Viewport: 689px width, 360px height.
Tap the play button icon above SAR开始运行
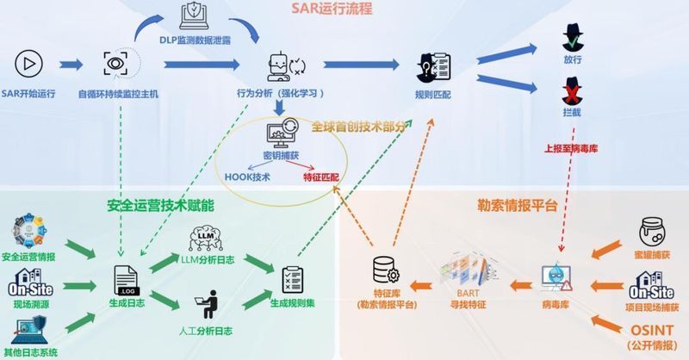[x=28, y=63]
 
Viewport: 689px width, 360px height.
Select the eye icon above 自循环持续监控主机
[x=114, y=63]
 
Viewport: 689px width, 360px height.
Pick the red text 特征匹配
[x=320, y=178]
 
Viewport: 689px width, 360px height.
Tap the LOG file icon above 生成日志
[x=126, y=279]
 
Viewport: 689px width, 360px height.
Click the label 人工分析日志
[x=206, y=330]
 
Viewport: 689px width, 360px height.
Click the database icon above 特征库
[x=383, y=270]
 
